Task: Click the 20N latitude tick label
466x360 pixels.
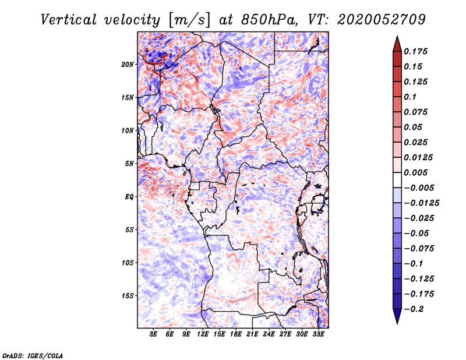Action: (x=128, y=64)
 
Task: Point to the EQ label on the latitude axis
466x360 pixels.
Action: (x=129, y=196)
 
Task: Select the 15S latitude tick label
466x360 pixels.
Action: (x=128, y=296)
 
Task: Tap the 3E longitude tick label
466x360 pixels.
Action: (x=153, y=334)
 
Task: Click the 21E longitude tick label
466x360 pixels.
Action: (x=252, y=334)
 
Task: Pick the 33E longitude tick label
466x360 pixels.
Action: (x=318, y=334)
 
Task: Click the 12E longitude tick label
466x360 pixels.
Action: (x=203, y=334)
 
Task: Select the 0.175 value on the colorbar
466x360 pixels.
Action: (x=415, y=51)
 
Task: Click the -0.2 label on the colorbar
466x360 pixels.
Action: (x=414, y=309)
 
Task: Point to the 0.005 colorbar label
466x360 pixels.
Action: (x=415, y=172)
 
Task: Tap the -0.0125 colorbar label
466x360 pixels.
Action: (x=422, y=203)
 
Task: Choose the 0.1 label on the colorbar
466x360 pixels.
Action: (x=410, y=97)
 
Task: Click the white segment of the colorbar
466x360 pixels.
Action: (x=397, y=180)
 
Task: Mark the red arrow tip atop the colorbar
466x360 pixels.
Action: (x=397, y=36)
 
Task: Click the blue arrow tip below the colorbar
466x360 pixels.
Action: (x=397, y=324)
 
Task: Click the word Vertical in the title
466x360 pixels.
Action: (x=69, y=20)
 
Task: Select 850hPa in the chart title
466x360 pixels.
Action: (x=269, y=20)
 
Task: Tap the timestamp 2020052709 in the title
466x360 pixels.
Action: (x=382, y=20)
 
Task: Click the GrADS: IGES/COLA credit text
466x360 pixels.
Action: (x=33, y=355)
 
